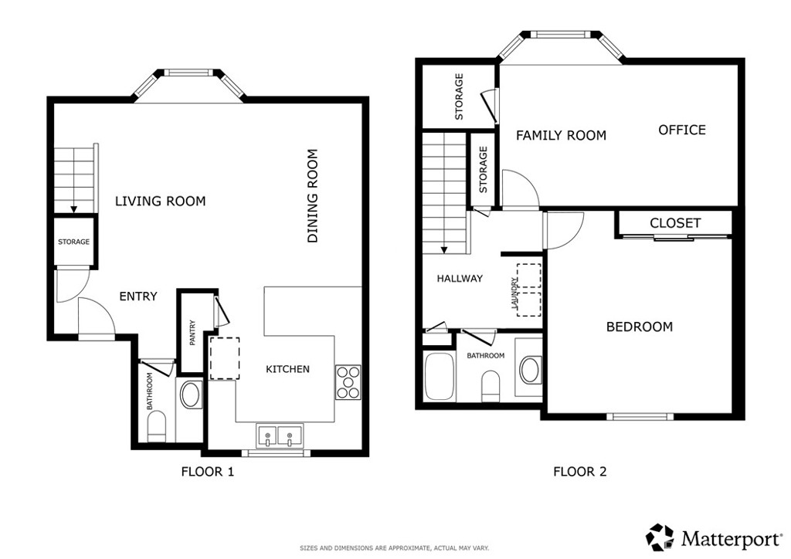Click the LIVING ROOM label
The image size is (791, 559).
point(161,201)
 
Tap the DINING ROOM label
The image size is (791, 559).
point(313,196)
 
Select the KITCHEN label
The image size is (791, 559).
point(287,369)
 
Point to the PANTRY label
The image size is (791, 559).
point(192,333)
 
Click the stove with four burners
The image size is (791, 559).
point(348,383)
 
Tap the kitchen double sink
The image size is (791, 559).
point(280,435)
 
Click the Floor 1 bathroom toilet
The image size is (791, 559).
point(156,426)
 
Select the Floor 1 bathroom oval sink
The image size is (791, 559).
point(191,395)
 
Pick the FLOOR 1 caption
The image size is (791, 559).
point(207,472)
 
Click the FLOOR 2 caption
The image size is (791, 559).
point(579,472)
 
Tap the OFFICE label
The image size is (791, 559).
point(682,130)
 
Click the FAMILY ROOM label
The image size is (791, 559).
point(561,135)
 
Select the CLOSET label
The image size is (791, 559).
point(675,223)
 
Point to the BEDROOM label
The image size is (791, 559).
point(639,327)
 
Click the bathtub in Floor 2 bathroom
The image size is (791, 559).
point(440,377)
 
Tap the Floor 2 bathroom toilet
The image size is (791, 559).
point(491,386)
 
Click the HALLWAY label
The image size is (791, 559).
point(460,278)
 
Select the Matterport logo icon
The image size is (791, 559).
point(660,537)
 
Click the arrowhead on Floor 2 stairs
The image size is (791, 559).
point(444,249)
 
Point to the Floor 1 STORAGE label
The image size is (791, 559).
point(73,242)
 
